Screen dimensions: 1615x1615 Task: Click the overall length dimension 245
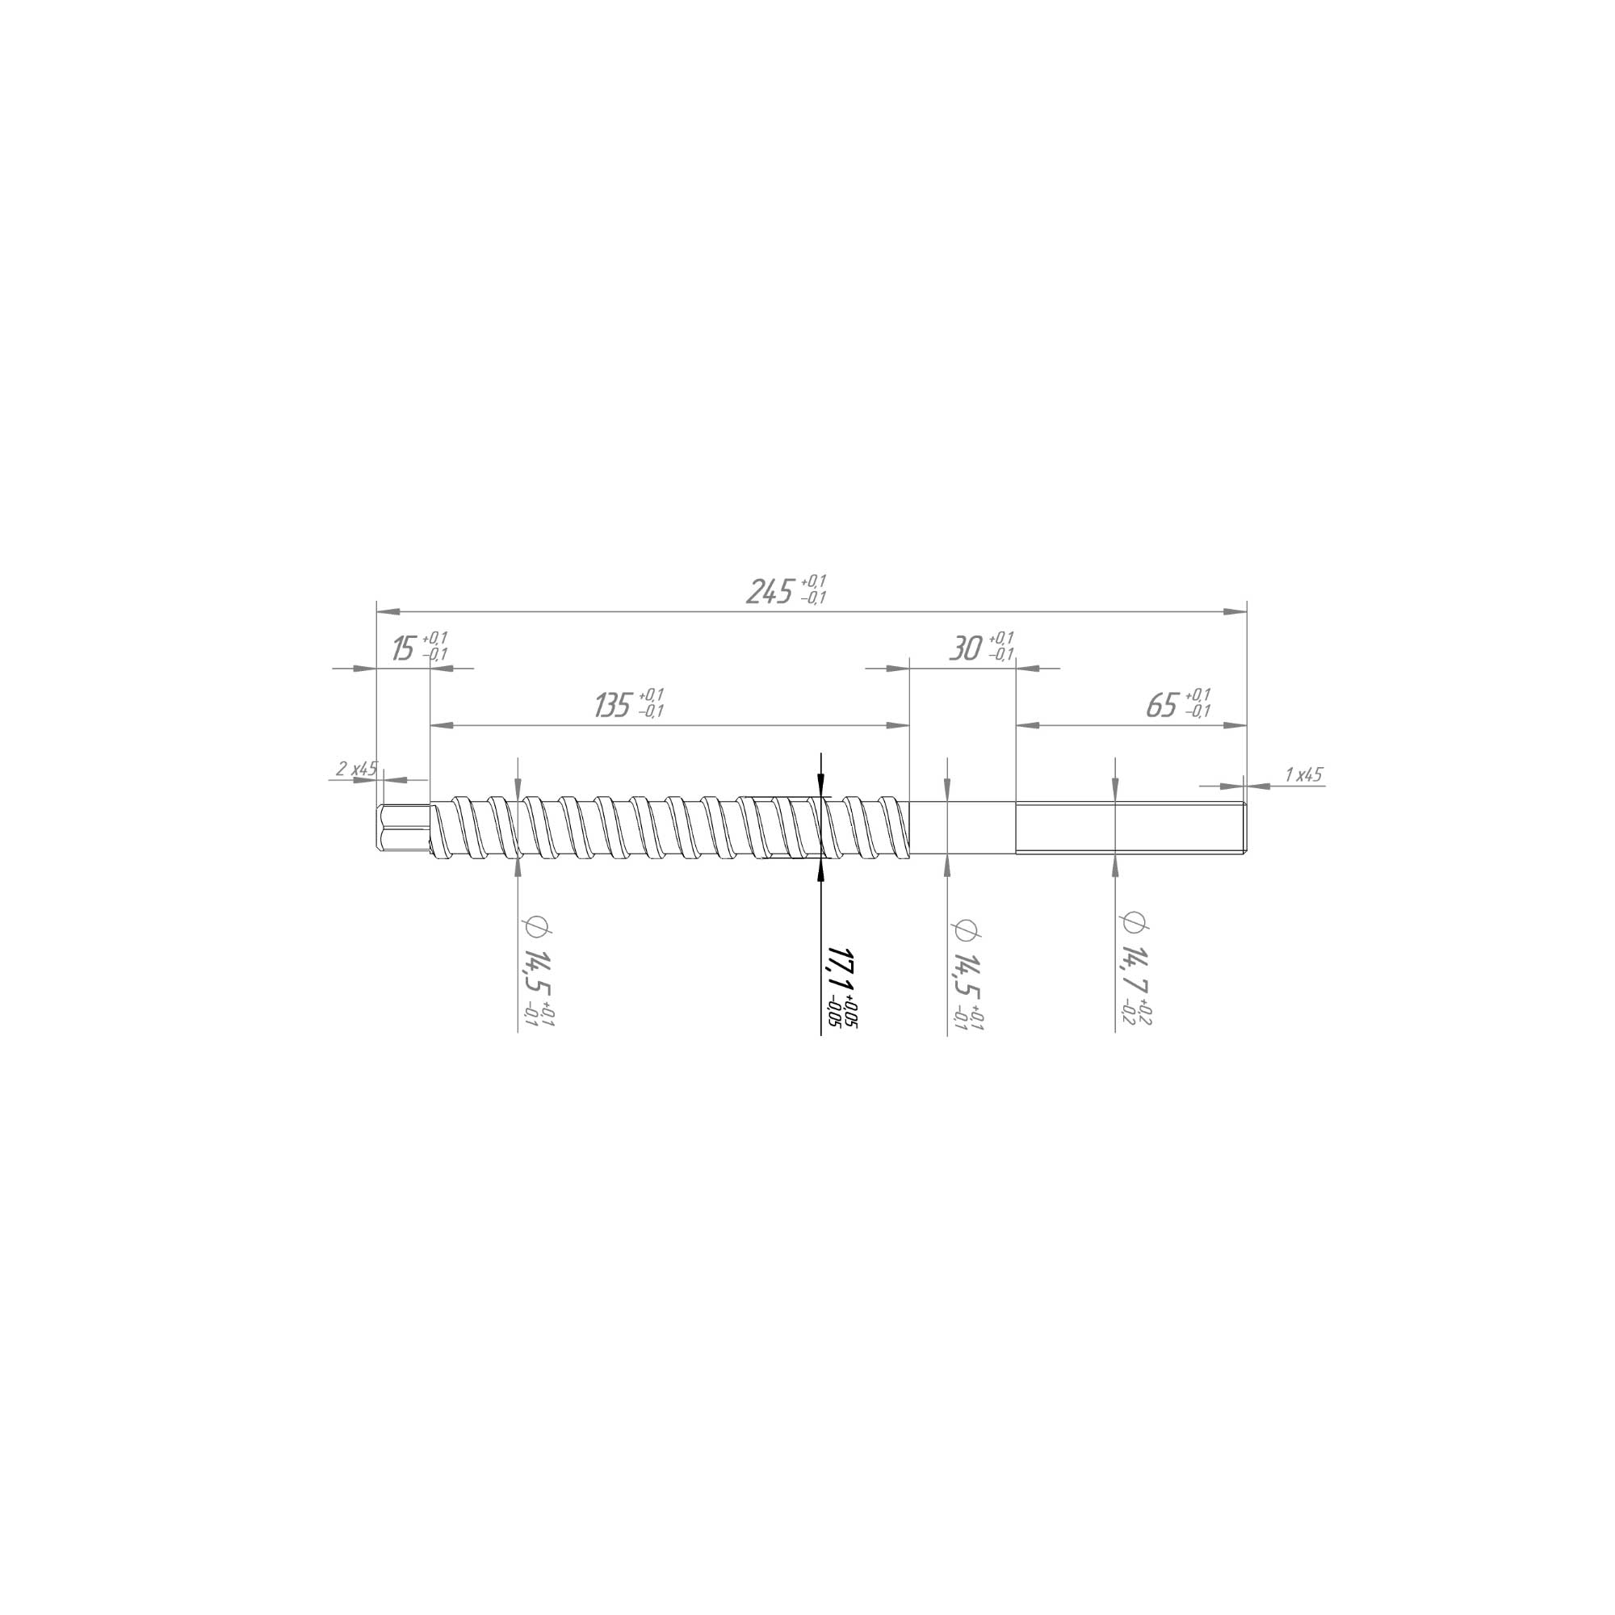point(768,592)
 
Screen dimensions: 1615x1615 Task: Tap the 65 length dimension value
point(1162,706)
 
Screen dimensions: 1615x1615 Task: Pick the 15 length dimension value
point(404,648)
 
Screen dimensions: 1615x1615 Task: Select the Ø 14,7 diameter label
point(1133,954)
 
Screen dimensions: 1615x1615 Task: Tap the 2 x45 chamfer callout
point(356,768)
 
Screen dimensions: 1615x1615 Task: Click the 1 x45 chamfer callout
point(1304,775)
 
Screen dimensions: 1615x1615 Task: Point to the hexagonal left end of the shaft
point(405,828)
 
